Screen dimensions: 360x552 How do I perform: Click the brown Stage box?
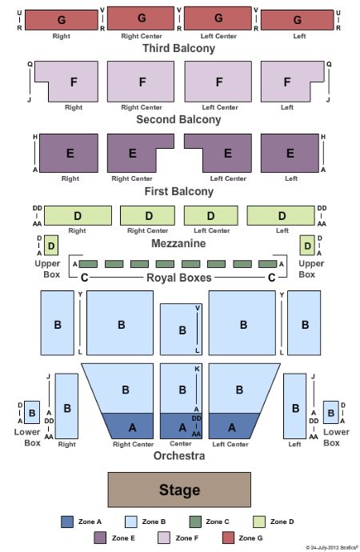(179, 490)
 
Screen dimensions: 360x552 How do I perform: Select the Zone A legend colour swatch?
(67, 522)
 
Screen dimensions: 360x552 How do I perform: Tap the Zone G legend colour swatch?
(228, 538)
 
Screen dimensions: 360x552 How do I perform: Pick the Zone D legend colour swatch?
(259, 522)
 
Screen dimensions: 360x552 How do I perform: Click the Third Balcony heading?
(178, 48)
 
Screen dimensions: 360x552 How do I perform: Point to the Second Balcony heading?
(178, 119)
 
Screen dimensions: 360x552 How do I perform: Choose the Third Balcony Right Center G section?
(141, 18)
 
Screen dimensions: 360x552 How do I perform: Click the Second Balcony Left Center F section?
(218, 82)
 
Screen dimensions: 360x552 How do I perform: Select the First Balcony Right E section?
(69, 153)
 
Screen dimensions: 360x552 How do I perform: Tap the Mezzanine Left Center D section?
(210, 215)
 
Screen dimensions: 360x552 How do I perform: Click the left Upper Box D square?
(51, 246)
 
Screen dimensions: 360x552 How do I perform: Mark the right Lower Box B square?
(330, 412)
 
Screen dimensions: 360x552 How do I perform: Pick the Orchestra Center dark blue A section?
(181, 426)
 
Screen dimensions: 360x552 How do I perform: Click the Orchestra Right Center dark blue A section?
(129, 426)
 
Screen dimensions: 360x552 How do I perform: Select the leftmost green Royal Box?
(88, 264)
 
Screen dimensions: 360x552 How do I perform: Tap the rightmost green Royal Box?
(268, 264)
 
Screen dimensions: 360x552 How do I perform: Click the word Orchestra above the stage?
(179, 455)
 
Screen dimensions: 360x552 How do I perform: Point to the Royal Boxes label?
(179, 278)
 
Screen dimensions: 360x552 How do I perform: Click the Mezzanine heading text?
(178, 243)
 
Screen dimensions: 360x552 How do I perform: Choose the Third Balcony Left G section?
(297, 20)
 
